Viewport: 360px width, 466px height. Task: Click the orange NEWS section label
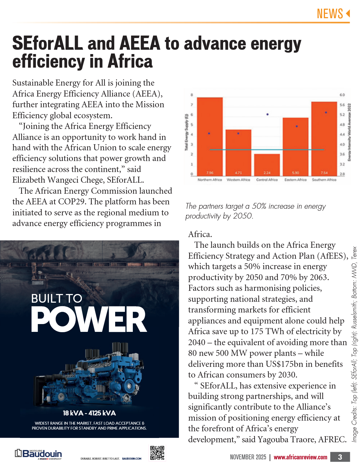tap(330, 14)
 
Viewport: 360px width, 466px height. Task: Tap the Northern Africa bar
tap(210, 136)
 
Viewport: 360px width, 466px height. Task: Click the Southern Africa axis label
tap(324, 180)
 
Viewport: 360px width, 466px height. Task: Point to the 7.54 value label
tap(324, 173)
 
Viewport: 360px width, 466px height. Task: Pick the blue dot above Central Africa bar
tap(267, 114)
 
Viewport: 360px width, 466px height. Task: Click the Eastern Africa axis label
tap(295, 180)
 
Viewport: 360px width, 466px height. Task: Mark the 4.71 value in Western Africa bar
tap(238, 173)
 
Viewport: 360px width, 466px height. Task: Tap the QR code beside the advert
tap(157, 453)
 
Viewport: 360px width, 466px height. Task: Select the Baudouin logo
tap(38, 454)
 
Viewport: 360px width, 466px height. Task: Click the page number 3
tap(340, 457)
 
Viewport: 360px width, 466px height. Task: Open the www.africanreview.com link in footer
tap(300, 457)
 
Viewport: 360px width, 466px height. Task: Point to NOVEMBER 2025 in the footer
tap(248, 457)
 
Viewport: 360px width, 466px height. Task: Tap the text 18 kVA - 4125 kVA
tap(89, 413)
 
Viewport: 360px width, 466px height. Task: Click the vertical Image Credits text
tap(355, 344)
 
